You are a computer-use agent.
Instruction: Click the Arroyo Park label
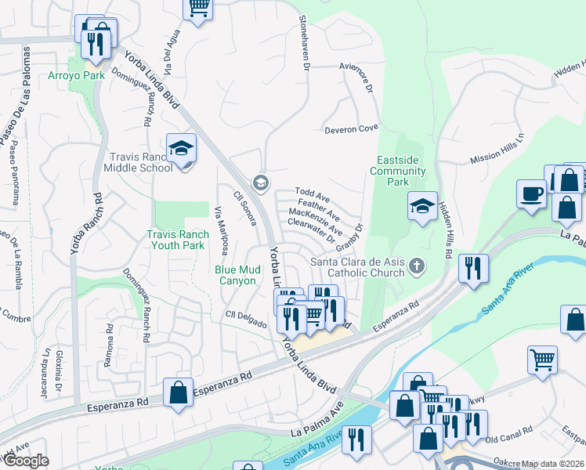98,76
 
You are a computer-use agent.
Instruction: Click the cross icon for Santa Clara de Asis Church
417,267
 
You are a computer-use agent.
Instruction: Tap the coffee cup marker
531,193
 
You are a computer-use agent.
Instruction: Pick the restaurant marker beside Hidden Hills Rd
473,267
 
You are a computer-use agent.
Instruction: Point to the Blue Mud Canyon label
236,275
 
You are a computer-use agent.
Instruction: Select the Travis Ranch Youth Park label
178,240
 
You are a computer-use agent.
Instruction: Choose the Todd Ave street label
312,193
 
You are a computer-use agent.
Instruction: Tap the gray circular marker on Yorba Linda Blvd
260,183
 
